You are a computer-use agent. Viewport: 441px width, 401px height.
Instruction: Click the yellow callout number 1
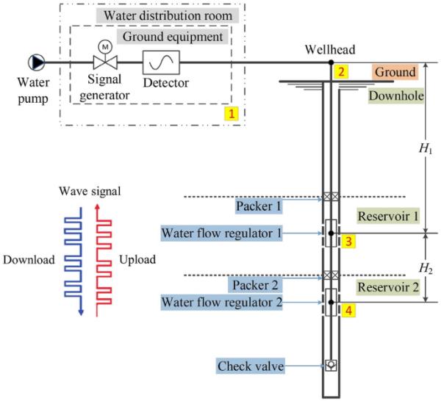[x=232, y=115]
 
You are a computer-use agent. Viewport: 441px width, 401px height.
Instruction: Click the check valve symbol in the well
[x=331, y=364]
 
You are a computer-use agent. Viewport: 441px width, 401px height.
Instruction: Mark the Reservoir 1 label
[x=388, y=217]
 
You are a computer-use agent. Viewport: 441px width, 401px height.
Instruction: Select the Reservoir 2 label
[x=388, y=287]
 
